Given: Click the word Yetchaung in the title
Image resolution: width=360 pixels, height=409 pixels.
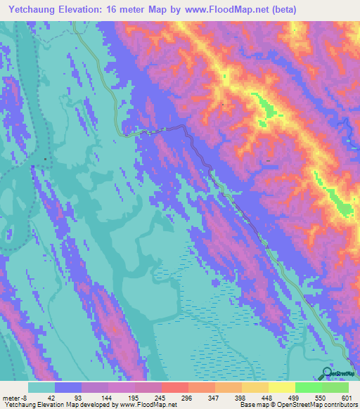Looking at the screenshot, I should (34, 9).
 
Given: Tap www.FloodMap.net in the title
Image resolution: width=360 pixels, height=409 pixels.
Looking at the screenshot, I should (219, 9).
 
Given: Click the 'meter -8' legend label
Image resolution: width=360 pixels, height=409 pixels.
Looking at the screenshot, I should (15, 397).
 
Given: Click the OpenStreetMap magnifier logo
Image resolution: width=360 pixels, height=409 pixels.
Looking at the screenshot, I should (328, 373).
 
